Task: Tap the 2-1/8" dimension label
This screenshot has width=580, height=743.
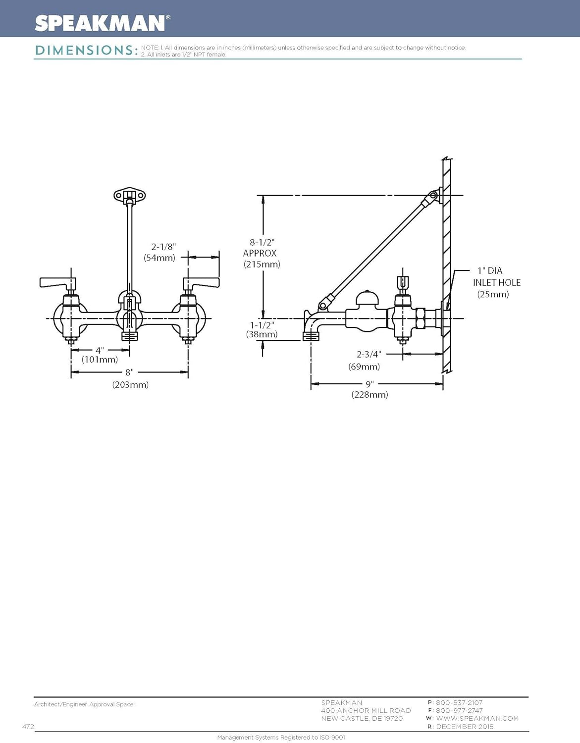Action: click(163, 247)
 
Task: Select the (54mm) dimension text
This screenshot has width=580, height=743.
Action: click(159, 258)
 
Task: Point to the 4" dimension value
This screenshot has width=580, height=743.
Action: click(100, 350)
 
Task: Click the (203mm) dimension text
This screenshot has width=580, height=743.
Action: click(130, 384)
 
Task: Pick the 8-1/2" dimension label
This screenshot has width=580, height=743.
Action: click(262, 242)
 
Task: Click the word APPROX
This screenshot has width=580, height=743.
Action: click(260, 253)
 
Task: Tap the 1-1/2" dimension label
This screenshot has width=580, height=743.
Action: click(262, 325)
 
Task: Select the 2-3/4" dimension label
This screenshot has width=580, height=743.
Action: click(369, 354)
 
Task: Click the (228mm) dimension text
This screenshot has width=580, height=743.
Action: click(369, 395)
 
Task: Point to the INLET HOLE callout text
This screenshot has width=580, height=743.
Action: click(496, 282)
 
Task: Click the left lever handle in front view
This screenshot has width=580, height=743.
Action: click(57, 283)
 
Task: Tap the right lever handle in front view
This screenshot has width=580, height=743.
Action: click(201, 283)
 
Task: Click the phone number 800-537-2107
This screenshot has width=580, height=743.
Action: click(459, 702)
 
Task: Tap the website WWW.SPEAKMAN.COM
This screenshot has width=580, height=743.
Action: click(477, 718)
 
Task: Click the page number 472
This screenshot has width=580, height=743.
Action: click(28, 727)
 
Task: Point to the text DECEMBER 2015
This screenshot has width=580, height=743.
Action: click(465, 727)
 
